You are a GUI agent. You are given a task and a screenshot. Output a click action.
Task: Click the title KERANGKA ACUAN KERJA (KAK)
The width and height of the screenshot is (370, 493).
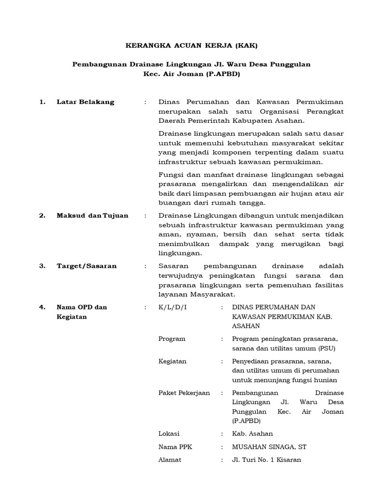click(192, 46)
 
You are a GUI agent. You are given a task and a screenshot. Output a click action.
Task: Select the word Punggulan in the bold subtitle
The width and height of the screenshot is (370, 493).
click(291, 64)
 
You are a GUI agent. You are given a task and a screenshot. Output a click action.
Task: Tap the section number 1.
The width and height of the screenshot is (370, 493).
click(42, 102)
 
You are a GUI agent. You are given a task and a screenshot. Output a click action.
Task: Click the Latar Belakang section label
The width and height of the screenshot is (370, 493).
click(85, 102)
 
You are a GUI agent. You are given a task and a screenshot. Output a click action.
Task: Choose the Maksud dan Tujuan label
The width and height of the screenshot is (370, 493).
click(92, 216)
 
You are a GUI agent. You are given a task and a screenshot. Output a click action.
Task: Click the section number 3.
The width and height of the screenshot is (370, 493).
click(42, 266)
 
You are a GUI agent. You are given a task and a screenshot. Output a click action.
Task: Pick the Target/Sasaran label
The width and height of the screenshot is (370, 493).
click(86, 266)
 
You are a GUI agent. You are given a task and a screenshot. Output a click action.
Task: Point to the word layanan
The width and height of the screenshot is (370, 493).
click(172, 294)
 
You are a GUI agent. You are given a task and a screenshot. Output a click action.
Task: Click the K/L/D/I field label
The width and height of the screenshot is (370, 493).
click(172, 307)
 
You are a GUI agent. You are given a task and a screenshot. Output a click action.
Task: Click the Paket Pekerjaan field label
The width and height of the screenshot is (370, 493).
click(184, 393)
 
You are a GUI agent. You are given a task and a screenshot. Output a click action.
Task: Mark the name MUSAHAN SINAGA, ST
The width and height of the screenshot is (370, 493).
click(269, 447)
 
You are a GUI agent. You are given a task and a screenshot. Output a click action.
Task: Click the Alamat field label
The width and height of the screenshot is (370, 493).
click(170, 460)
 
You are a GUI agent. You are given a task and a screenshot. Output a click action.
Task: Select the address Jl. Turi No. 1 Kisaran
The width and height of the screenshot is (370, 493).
click(266, 460)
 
